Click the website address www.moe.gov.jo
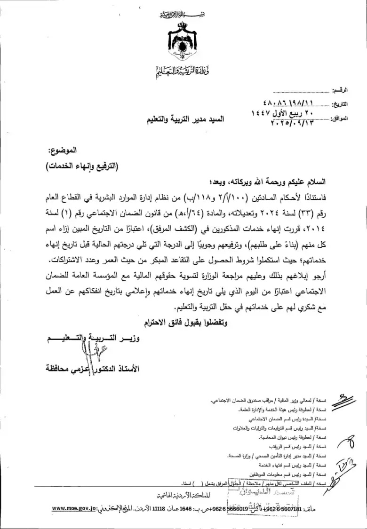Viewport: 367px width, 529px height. [x=74, y=508]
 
